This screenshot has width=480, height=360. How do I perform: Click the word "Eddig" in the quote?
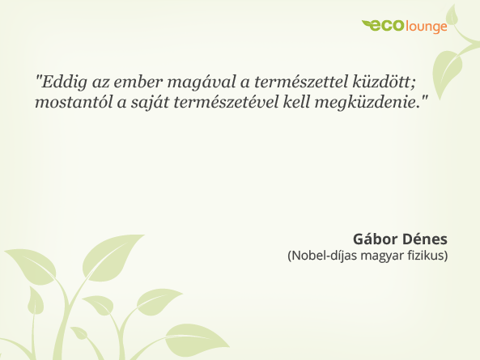(x=61, y=81)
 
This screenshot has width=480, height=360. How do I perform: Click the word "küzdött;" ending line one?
(x=382, y=81)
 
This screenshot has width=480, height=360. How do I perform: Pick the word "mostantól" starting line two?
(x=70, y=104)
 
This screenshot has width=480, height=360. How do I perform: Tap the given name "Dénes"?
(x=426, y=240)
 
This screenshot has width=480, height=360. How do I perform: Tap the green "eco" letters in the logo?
(x=387, y=27)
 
